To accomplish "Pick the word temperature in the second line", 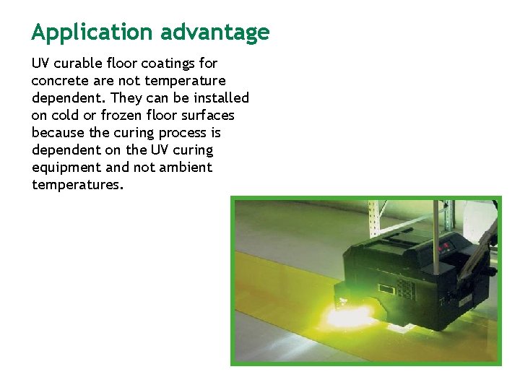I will pyautogui.click(x=183, y=81).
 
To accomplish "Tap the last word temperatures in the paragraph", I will pyautogui.click(x=77, y=185).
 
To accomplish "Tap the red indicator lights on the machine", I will pyautogui.click(x=447, y=246).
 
